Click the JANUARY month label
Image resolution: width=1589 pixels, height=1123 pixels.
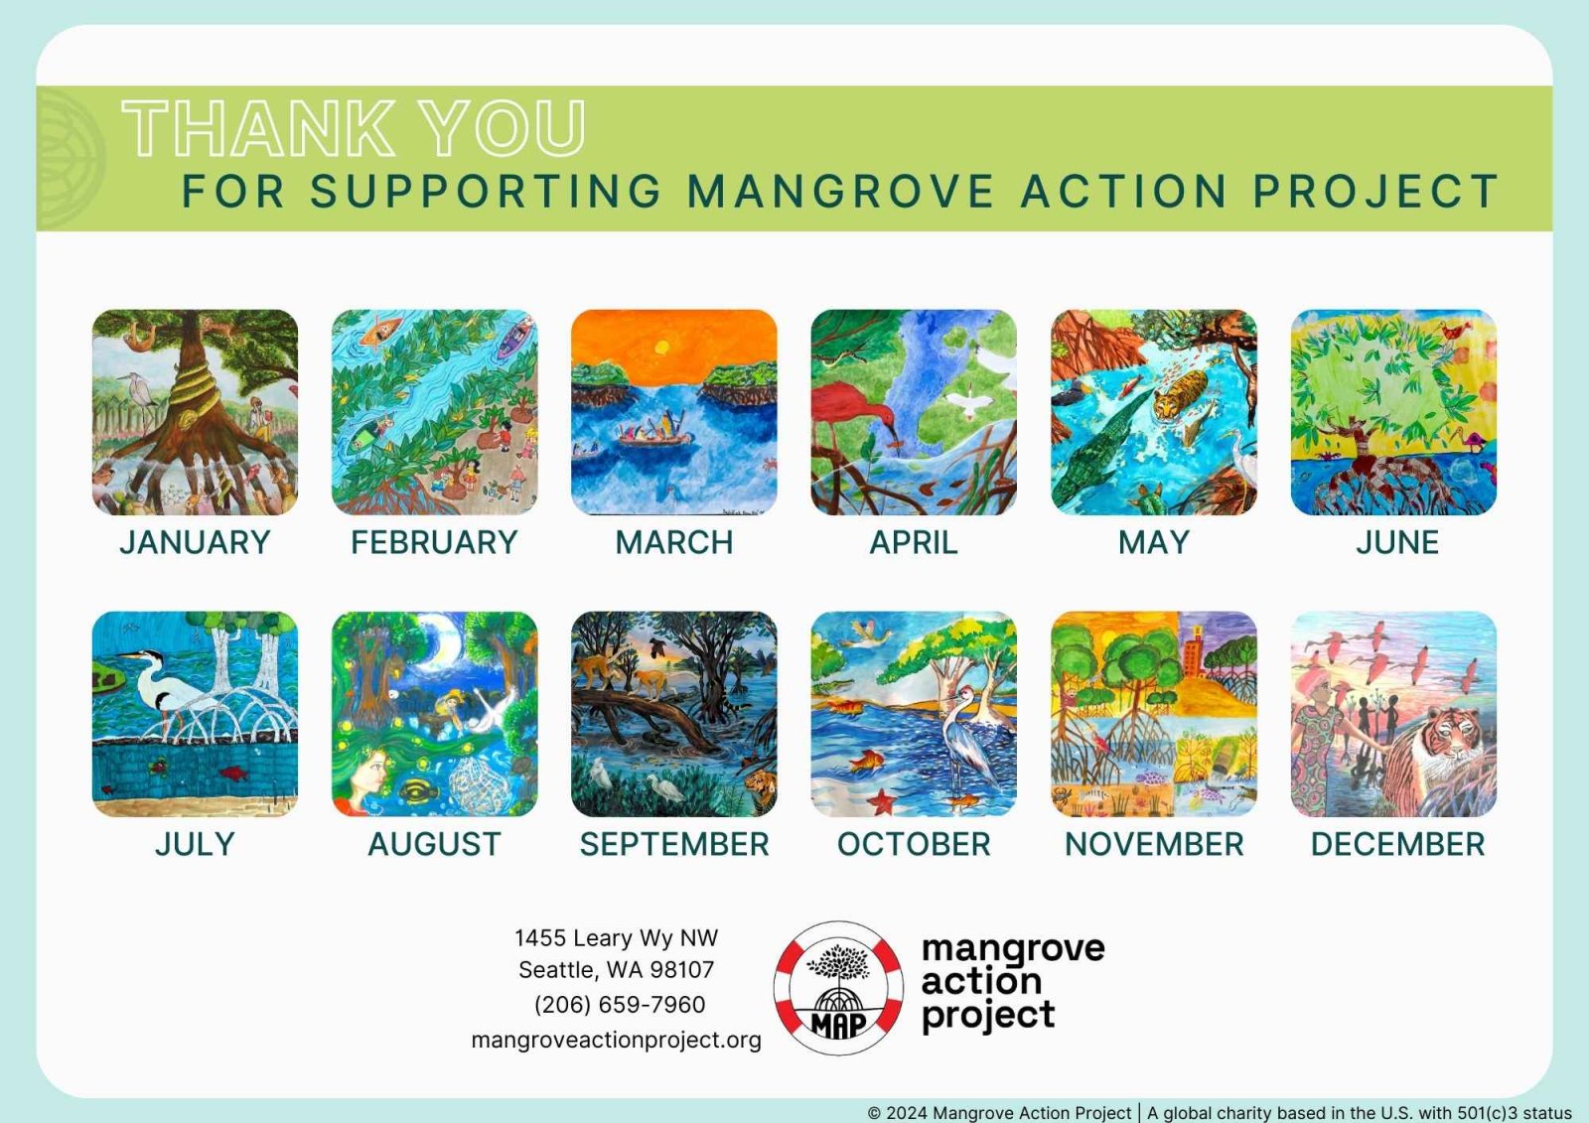tap(195, 543)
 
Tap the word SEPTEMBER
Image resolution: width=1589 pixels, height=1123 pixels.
tap(674, 844)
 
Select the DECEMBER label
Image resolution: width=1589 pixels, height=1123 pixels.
tap(1397, 844)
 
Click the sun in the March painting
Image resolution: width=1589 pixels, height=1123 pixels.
tap(661, 347)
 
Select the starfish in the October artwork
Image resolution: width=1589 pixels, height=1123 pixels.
tap(883, 801)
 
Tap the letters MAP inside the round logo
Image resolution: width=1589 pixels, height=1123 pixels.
tap(838, 1024)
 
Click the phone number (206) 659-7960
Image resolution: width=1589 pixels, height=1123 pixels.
tap(620, 1005)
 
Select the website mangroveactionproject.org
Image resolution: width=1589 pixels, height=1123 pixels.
tap(616, 1040)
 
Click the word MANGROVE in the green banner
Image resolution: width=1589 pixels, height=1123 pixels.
tap(840, 192)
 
